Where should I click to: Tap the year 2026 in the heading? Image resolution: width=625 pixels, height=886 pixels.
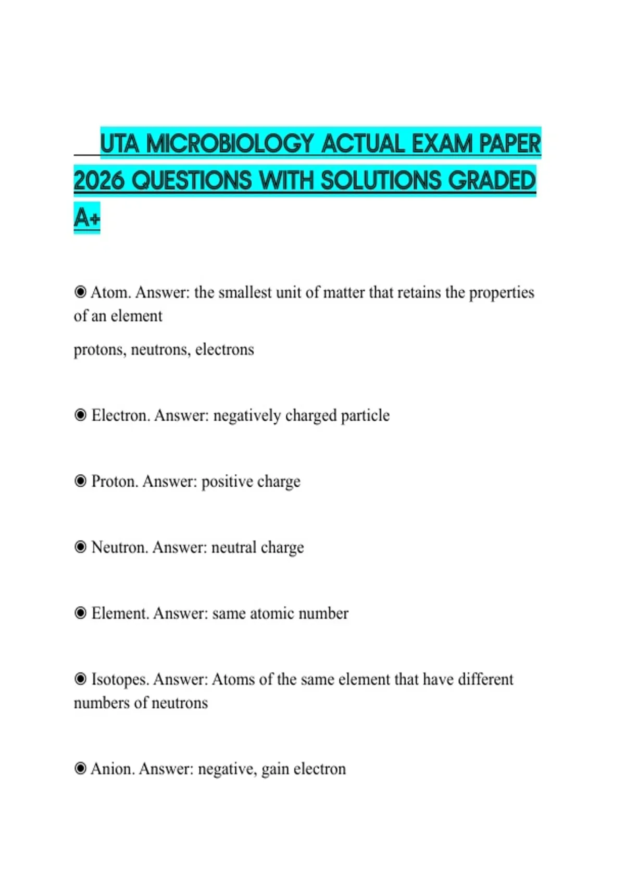(99, 181)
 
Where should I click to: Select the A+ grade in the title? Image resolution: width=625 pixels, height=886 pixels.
(86, 217)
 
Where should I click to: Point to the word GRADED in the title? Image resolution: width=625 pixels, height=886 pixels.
(492, 181)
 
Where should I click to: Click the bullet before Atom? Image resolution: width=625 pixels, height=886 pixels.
(80, 292)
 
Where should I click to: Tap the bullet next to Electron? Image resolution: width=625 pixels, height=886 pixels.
(80, 415)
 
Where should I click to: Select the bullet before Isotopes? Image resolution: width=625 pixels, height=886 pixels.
(80, 679)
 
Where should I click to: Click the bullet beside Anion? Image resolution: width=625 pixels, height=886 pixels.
(80, 769)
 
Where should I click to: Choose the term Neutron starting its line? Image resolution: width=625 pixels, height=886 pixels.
(119, 547)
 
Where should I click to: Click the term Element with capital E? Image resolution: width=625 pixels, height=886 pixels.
(120, 613)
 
